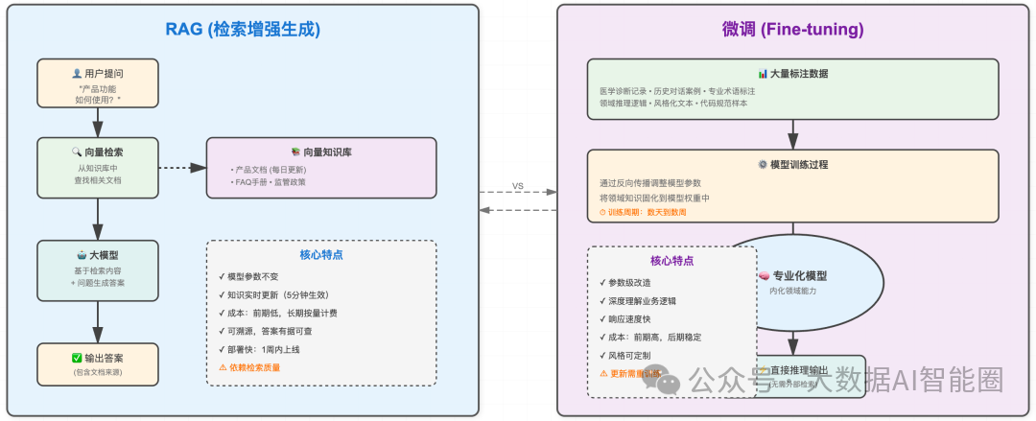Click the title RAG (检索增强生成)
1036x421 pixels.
[243, 29]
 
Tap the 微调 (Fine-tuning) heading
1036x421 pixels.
[792, 29]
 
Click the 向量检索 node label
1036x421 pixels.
[98, 152]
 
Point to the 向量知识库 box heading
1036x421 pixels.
[320, 152]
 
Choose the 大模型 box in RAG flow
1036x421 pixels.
[98, 255]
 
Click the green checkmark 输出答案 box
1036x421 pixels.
[98, 358]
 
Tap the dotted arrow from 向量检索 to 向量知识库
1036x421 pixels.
[182, 168]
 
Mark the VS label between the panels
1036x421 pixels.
[518, 186]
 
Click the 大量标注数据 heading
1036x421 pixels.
[792, 74]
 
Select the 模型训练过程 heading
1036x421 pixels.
[792, 164]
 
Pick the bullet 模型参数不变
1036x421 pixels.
[251, 276]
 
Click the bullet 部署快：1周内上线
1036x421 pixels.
[260, 349]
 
